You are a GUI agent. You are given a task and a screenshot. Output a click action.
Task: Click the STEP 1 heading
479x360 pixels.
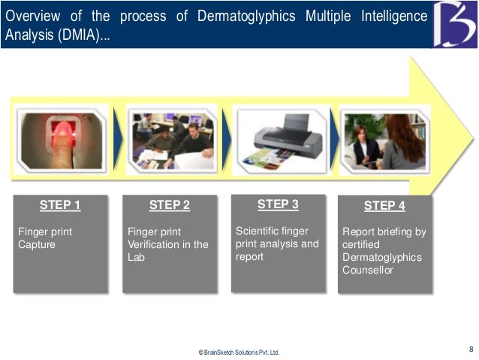60,205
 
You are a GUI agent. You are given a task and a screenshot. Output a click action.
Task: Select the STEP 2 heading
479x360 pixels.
170,205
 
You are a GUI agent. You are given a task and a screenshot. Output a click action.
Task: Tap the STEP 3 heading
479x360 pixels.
278,204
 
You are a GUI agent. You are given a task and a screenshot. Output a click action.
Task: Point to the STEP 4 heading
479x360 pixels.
384,206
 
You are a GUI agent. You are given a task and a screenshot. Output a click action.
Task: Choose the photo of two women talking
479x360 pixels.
384,141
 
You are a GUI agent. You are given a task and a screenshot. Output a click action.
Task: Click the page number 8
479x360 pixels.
471,349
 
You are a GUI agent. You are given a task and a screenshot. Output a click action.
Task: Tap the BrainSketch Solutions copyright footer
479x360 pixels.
238,352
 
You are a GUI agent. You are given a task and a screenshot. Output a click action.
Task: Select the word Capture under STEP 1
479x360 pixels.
37,244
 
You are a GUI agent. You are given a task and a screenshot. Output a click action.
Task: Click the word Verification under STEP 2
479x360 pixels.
154,244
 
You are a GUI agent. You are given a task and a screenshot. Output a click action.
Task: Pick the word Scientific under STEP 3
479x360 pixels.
260,231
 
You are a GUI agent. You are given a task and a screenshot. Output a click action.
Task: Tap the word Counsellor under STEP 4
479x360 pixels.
368,270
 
